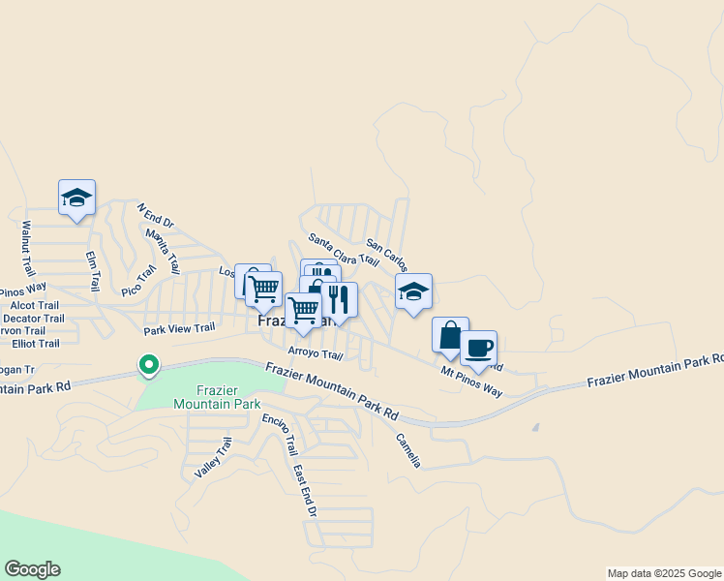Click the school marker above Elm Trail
point(76,198)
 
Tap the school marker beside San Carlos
point(413,291)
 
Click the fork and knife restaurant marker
point(338,300)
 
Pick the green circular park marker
point(148,366)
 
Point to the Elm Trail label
point(93,271)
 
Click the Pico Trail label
point(138,280)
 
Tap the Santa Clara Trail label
point(344,250)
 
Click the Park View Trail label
point(179,329)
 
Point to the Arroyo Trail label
point(316,353)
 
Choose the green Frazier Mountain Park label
point(209,397)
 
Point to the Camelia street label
point(407,449)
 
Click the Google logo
point(32,569)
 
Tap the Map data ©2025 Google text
point(662,573)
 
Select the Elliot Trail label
point(36,344)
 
